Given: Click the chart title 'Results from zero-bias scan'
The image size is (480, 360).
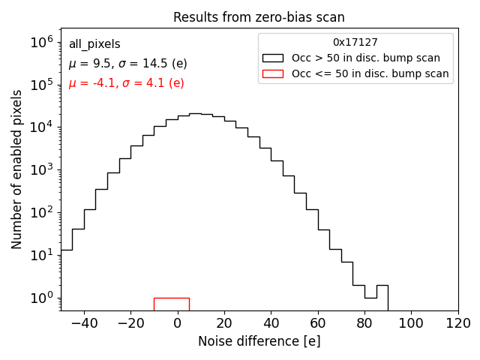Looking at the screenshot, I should (259, 17).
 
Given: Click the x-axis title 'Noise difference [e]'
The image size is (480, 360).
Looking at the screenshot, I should (259, 341).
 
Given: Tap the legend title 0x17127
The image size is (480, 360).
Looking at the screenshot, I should (355, 43).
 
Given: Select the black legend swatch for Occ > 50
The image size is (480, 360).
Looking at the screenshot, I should (274, 58).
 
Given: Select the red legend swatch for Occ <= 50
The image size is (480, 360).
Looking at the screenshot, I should (274, 73).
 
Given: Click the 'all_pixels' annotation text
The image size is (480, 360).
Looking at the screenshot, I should (94, 44).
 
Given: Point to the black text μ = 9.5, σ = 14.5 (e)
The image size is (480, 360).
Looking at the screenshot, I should (127, 64).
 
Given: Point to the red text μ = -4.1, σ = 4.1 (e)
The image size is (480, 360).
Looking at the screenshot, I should (126, 83).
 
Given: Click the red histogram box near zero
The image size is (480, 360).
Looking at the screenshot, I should (172, 303).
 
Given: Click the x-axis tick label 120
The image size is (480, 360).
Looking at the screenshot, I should (457, 323).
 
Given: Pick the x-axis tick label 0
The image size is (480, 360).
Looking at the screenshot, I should (177, 323).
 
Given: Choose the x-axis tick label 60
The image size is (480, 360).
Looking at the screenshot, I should (317, 323).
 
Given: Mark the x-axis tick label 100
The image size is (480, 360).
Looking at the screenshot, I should (411, 323).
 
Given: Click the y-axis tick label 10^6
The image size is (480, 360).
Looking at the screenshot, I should (45, 43).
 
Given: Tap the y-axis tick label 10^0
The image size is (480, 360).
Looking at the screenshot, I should (45, 298).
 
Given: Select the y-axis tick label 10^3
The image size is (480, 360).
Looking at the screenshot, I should (45, 170).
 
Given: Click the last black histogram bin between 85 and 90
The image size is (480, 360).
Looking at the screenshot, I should (382, 297).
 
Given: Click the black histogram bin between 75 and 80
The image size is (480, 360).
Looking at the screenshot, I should (358, 297).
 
